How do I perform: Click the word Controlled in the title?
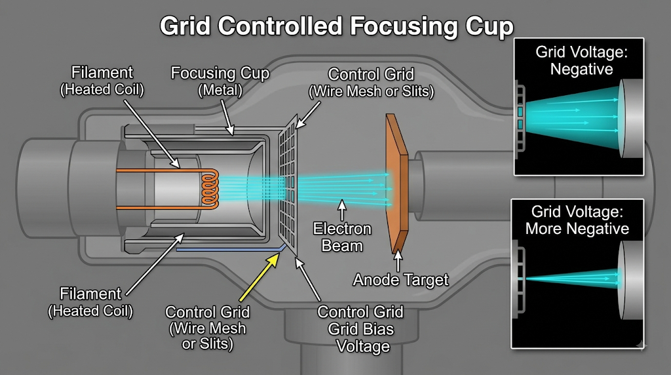280,26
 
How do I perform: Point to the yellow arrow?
259,277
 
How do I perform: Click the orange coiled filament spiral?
210,189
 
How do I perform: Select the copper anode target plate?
396,184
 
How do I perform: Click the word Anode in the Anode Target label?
375,280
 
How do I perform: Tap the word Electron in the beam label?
342,229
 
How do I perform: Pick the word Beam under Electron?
342,246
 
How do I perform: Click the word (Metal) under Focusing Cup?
220,90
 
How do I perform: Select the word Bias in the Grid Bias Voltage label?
380,329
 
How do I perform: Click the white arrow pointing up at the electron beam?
341,210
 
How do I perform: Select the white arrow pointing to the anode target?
398,261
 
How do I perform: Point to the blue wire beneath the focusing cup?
231,248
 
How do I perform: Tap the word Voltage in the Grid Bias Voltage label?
363,346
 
